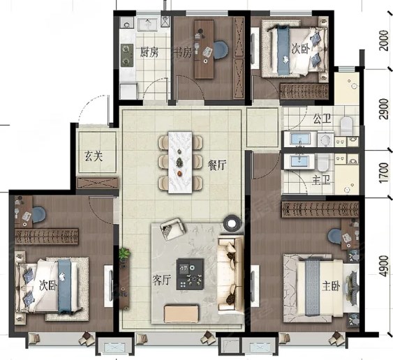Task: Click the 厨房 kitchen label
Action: coord(149,52)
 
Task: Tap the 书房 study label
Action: coord(183,52)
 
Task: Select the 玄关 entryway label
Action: coord(94,157)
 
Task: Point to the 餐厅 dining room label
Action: coord(217,165)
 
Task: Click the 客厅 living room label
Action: coord(162,280)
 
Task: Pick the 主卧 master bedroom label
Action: coord(331,286)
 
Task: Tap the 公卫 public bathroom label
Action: coord(322,119)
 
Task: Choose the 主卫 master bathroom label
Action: coord(321,180)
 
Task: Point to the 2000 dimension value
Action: coord(384,40)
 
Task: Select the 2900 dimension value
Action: coord(384,110)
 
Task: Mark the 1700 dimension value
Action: coord(384,173)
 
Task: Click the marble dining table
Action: coord(180,162)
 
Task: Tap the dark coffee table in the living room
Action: coord(190,274)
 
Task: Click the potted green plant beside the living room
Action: coord(124,253)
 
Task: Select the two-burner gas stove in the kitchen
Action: coord(127,55)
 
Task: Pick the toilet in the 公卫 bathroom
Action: coord(346,125)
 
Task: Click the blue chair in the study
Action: coord(221,50)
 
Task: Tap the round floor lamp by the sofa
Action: coord(231,223)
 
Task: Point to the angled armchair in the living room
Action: coord(172,230)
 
